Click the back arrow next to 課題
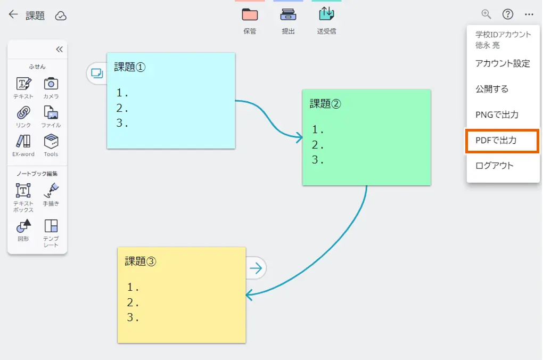(13, 15)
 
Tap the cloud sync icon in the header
(61, 16)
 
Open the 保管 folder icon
(250, 15)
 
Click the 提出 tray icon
(288, 15)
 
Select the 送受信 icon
(326, 14)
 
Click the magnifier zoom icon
(486, 14)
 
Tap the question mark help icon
(508, 14)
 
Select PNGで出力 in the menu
(497, 114)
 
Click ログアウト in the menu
(495, 166)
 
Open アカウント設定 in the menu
(503, 63)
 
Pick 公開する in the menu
(492, 89)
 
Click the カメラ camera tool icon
(51, 84)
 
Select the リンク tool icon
(23, 112)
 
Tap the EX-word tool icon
(23, 141)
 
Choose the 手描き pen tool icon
(51, 190)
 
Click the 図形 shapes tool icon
(23, 226)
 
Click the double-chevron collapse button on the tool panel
(59, 50)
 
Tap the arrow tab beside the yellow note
(256, 268)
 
